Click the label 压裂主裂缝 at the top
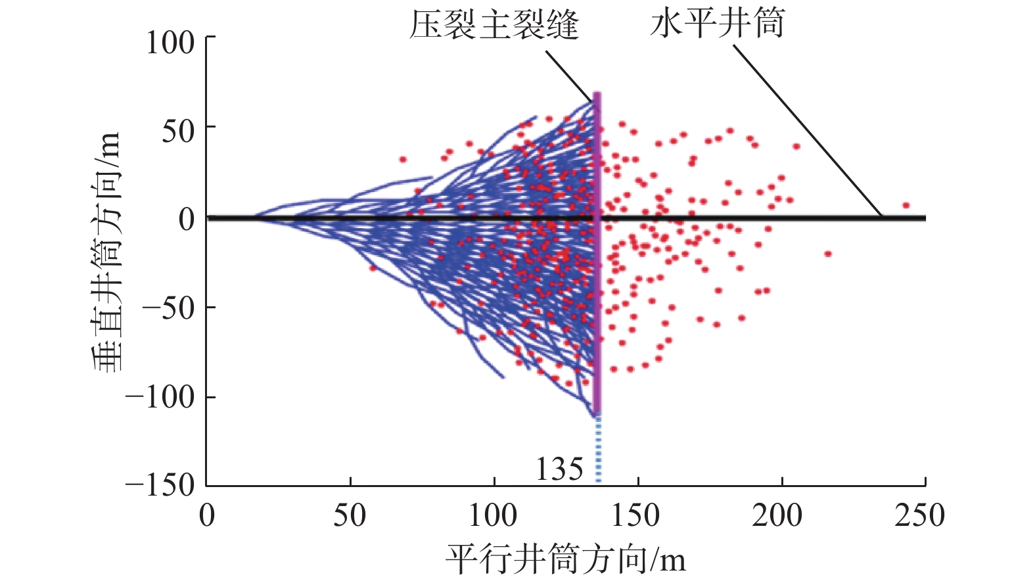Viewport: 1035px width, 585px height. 494,25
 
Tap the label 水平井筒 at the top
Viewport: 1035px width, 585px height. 717,24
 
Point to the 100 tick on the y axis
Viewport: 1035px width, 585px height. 170,43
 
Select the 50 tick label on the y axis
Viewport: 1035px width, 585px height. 178,131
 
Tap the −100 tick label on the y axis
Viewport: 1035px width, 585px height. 160,397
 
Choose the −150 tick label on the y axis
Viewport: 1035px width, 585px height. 160,486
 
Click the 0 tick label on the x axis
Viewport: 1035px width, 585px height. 207,516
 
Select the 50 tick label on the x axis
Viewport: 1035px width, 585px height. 350,516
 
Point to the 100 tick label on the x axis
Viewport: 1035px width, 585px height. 493,516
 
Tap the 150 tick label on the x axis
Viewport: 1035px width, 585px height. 636,516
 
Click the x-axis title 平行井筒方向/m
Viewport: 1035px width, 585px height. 566,559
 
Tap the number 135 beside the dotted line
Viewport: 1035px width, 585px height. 559,469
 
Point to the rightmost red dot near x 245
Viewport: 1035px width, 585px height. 906,206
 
